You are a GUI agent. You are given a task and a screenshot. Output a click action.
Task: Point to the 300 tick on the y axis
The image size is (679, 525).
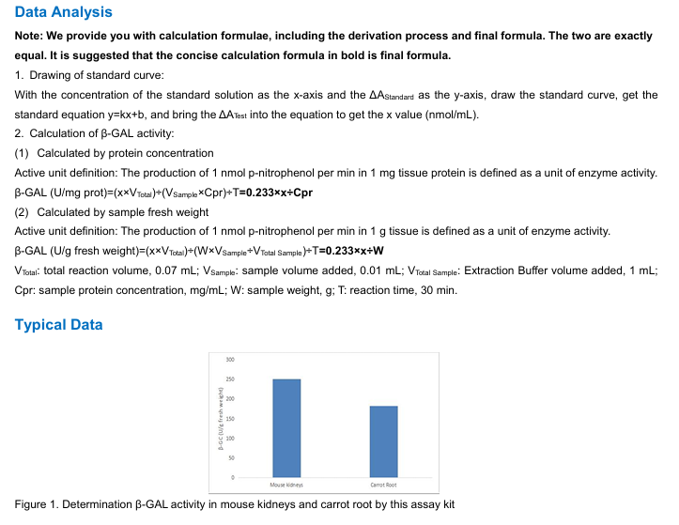pyautogui.click(x=229, y=360)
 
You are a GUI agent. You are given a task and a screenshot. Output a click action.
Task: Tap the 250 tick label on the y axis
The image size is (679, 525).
pyautogui.click(x=229, y=379)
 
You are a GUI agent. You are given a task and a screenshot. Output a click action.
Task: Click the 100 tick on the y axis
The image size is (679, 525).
pyautogui.click(x=229, y=439)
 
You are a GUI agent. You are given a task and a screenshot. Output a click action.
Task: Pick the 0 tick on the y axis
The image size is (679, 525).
pyautogui.click(x=232, y=478)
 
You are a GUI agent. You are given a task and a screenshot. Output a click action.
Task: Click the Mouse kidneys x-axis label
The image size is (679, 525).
pyautogui.click(x=286, y=485)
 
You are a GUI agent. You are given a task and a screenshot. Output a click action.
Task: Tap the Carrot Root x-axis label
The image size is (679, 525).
pyautogui.click(x=384, y=485)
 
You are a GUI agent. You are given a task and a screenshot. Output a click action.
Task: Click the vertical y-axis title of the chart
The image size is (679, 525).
pyautogui.click(x=220, y=419)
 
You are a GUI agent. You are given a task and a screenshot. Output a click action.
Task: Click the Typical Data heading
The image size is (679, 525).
pyautogui.click(x=59, y=325)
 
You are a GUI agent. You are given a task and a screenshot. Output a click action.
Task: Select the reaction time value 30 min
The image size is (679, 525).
pyautogui.click(x=439, y=290)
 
